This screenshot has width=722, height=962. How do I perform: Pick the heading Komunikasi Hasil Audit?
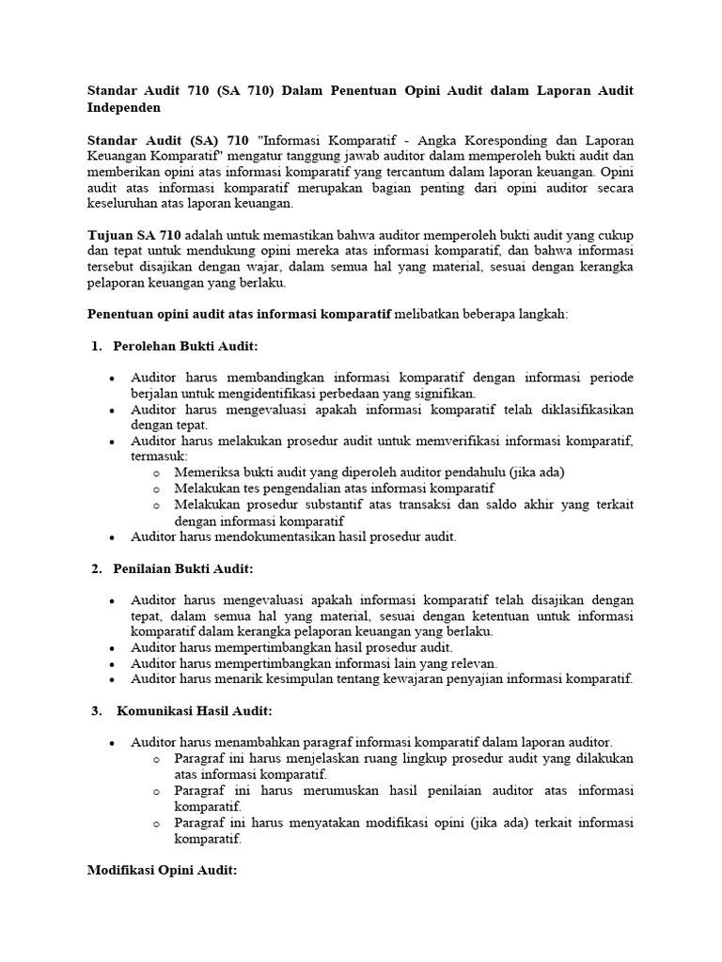pyautogui.click(x=195, y=710)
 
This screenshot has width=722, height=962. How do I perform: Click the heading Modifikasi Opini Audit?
pyautogui.click(x=163, y=870)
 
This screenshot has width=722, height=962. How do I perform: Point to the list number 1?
pyautogui.click(x=96, y=347)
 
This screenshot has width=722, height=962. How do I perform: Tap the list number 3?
pyautogui.click(x=96, y=710)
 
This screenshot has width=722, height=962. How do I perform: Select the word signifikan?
pyautogui.click(x=444, y=393)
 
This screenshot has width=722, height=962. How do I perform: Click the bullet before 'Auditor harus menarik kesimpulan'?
pyautogui.click(x=112, y=678)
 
